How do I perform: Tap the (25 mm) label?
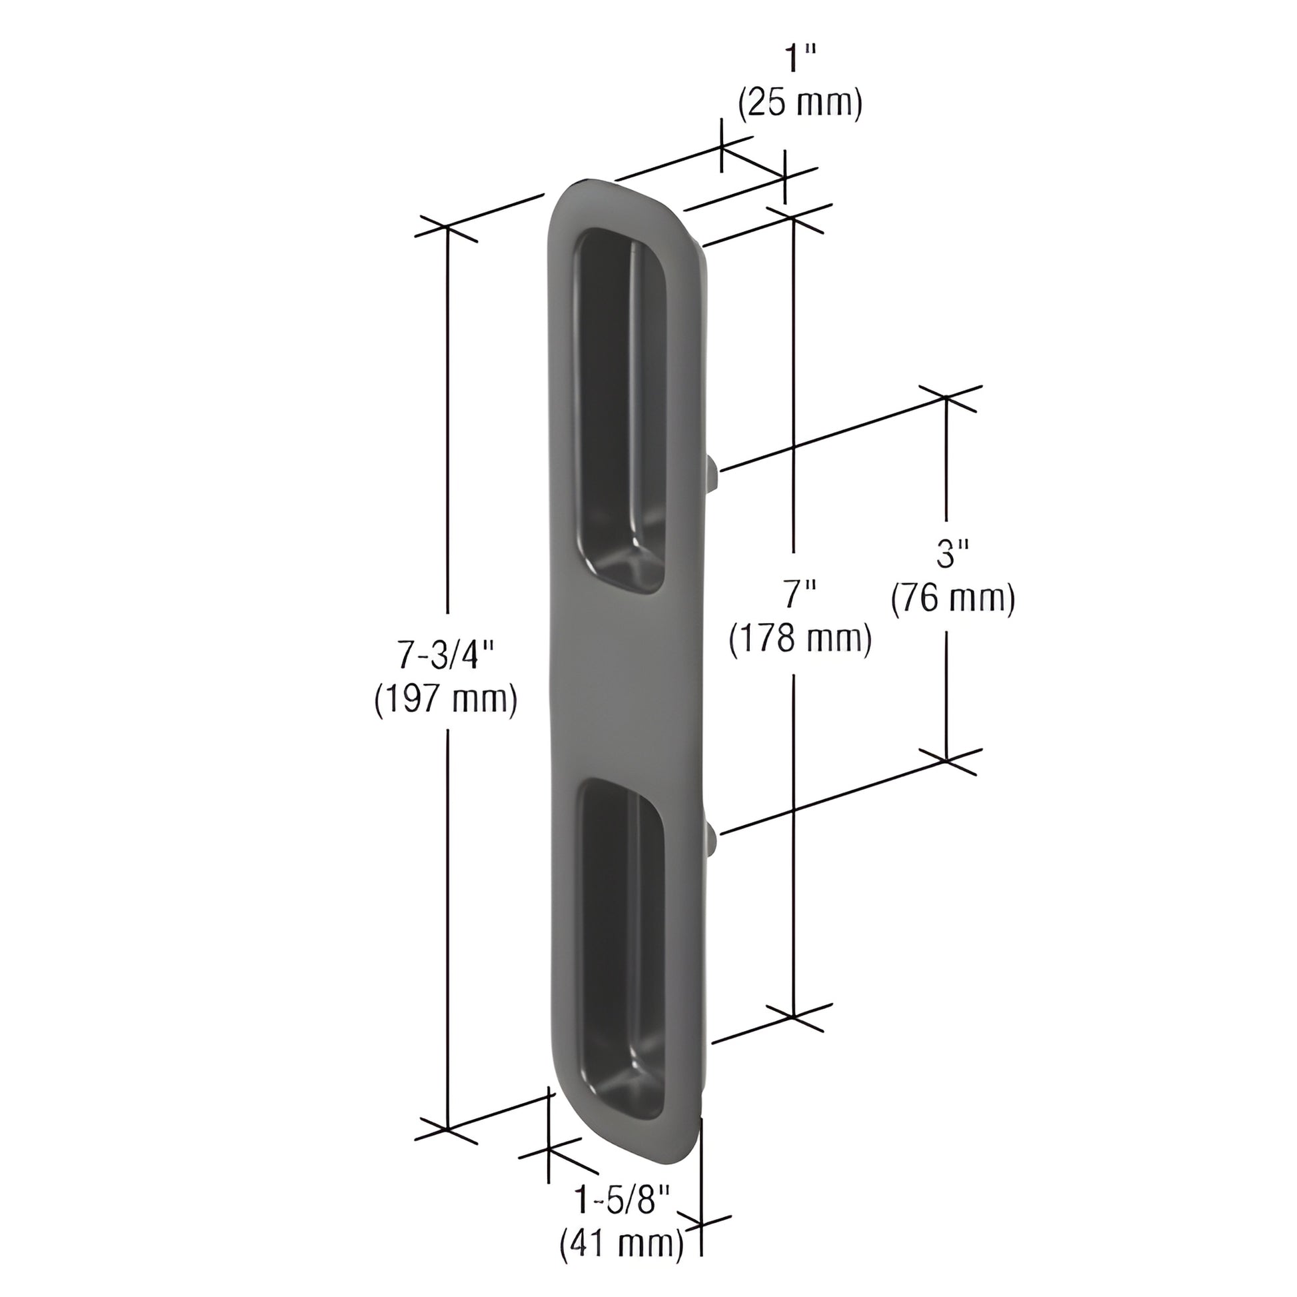[800, 105]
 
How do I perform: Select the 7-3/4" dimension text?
[445, 654]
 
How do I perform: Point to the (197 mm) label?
[446, 700]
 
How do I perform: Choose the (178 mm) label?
[800, 639]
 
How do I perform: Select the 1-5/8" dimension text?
[621, 1199]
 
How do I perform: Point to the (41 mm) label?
[622, 1243]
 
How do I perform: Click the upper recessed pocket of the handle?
[619, 409]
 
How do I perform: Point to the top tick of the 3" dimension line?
[946, 397]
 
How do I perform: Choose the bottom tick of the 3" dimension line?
[946, 760]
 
